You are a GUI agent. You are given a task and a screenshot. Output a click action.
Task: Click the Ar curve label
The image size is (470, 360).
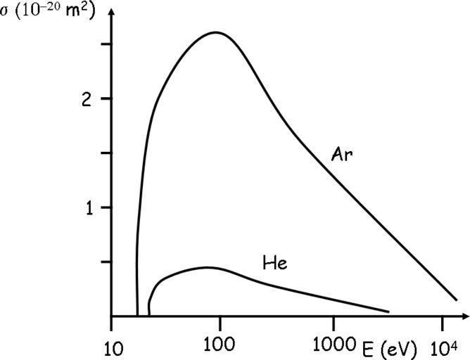pyautogui.click(x=342, y=154)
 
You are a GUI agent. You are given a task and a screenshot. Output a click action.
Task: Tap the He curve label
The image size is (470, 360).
pyautogui.click(x=274, y=264)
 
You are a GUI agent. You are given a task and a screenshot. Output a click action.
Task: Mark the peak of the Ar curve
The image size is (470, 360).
pyautogui.click(x=215, y=32)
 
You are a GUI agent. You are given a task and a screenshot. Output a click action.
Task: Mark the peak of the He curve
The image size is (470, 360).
pyautogui.click(x=205, y=267)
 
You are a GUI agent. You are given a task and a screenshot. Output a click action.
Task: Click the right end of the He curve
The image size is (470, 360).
pyautogui.click(x=388, y=311)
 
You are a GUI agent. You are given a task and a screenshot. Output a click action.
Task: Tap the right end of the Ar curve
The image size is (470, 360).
pyautogui.click(x=456, y=300)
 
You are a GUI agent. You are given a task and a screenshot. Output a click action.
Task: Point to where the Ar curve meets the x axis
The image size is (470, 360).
pyautogui.click(x=138, y=316)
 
